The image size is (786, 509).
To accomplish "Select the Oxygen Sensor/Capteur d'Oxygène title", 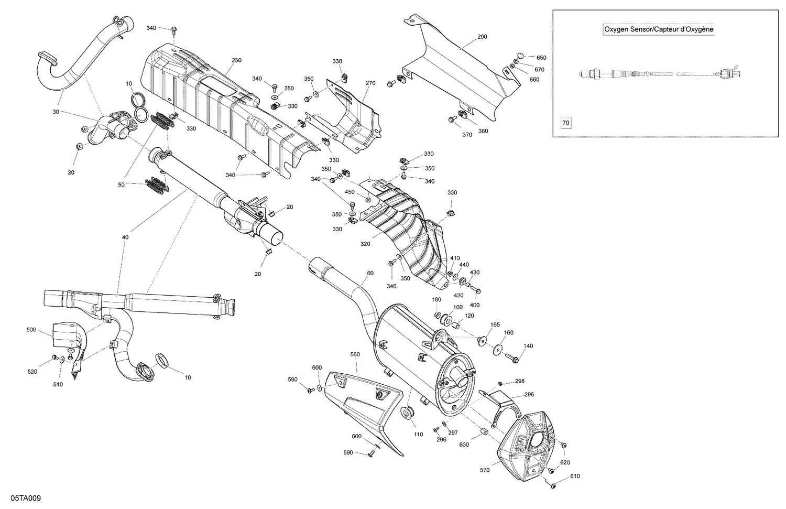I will pyautogui.click(x=659, y=30).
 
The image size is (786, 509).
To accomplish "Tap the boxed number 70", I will pyautogui.click(x=565, y=123).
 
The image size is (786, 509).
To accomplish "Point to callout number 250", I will pyautogui.click(x=236, y=60).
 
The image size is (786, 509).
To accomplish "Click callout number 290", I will pyautogui.click(x=482, y=37).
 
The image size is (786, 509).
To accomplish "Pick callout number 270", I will pyautogui.click(x=370, y=83).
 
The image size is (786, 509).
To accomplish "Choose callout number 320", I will pyautogui.click(x=365, y=244).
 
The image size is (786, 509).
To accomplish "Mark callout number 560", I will pyautogui.click(x=355, y=354).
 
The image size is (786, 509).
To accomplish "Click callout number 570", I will pyautogui.click(x=484, y=470).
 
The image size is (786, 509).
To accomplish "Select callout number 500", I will pyautogui.click(x=31, y=330).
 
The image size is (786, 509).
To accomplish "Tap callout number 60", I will pyautogui.click(x=370, y=273).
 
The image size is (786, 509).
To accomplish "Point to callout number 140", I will pyautogui.click(x=529, y=346).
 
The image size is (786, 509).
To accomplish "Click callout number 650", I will pyautogui.click(x=541, y=58).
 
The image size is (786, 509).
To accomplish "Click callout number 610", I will pyautogui.click(x=576, y=476).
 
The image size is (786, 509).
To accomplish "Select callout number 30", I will pyautogui.click(x=56, y=112).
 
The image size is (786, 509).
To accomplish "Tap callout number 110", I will pyautogui.click(x=418, y=435).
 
